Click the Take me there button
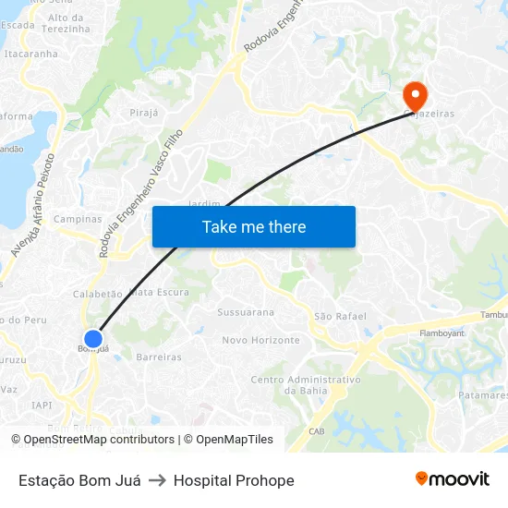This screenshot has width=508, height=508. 254,226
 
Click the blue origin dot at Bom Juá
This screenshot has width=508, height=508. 92,339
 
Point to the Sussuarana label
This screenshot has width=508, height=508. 246,312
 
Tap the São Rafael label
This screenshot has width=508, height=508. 336,316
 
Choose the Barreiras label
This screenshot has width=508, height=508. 159,357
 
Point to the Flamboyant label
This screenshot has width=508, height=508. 441,333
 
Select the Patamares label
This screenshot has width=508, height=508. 482,395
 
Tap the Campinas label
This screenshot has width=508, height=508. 78,220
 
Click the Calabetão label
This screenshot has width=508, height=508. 97,294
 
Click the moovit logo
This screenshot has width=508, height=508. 453,479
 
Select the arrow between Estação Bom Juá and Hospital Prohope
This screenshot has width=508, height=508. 157,480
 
